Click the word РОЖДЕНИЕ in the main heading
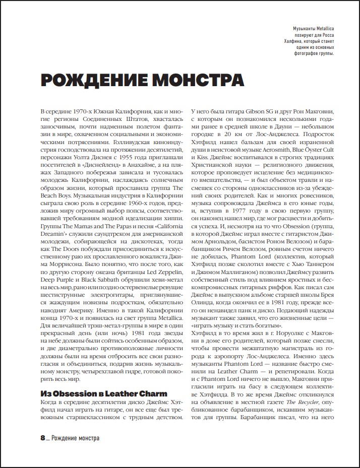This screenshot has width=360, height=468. click(x=89, y=81)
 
